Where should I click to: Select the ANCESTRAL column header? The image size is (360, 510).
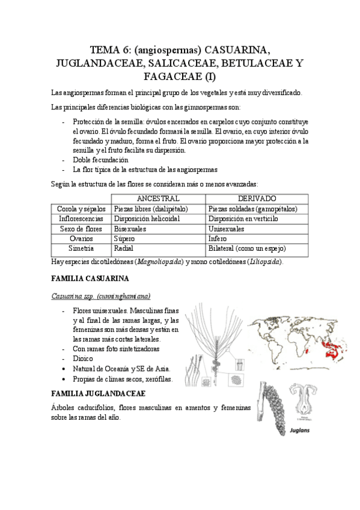pyautogui.click(x=158, y=198)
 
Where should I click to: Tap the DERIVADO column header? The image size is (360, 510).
pyautogui.click(x=257, y=198)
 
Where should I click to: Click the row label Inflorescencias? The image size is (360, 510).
pyautogui.click(x=81, y=219)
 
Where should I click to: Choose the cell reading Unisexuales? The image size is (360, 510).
pyautogui.click(x=228, y=229)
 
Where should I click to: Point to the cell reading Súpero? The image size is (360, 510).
pyautogui.click(x=124, y=239)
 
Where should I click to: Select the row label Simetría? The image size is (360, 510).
pyautogui.click(x=81, y=248)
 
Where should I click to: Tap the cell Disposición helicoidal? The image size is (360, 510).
pyautogui.click(x=147, y=219)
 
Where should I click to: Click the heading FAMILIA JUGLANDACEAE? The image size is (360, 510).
pyautogui.click(x=98, y=393)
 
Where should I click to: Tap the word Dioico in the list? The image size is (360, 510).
pyautogui.click(x=84, y=358)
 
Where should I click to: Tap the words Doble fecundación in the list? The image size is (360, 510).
pyautogui.click(x=100, y=160)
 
